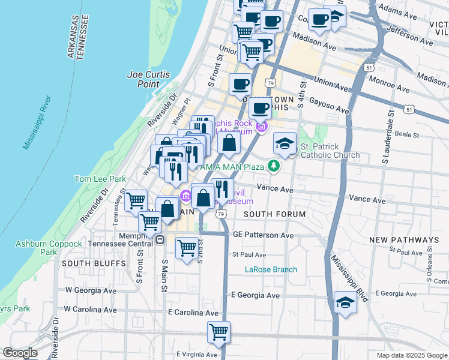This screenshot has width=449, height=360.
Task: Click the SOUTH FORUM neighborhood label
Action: point(275,214)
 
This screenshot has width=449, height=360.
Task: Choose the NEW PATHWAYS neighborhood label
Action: point(404,239)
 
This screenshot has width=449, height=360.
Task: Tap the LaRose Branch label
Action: point(271,269)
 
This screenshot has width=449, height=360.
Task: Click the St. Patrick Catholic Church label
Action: point(330,151)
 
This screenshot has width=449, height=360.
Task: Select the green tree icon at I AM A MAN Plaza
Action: point(274,165)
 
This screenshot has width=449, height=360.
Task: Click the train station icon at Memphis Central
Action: point(160,240)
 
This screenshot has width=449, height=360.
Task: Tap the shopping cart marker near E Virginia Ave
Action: point(219,332)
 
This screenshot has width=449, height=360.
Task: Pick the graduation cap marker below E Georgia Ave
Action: point(345,303)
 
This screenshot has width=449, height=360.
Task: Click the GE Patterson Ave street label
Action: point(264,235)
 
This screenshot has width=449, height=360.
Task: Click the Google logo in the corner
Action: point(20,353)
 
